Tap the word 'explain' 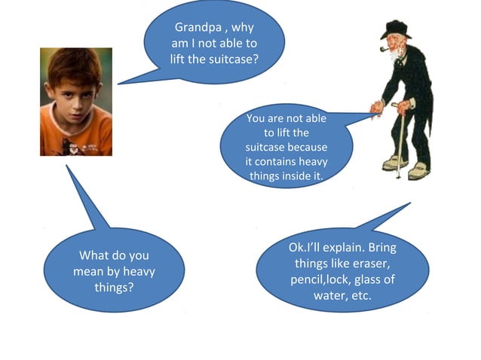tap(358, 247)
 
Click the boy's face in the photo tap(75, 86)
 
